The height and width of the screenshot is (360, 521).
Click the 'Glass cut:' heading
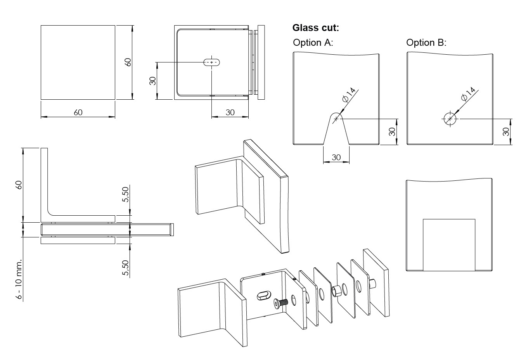(316, 28)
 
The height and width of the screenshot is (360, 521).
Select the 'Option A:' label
(313, 43)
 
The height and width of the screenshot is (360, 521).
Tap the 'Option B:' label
(426, 43)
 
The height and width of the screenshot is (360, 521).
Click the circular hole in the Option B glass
(450, 119)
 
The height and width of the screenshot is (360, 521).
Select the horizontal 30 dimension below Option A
(336, 157)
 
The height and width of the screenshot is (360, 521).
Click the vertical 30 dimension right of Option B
(506, 132)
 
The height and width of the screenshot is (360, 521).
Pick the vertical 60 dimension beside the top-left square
(128, 62)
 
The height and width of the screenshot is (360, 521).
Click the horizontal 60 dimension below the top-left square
(78, 112)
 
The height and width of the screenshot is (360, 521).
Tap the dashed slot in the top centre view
(212, 62)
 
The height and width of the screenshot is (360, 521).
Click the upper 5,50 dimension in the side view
(125, 194)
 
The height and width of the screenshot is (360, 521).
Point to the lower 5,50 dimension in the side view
(125, 268)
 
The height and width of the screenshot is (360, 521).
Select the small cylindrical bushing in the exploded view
(336, 291)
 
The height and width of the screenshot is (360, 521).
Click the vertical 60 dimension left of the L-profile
(19, 185)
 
